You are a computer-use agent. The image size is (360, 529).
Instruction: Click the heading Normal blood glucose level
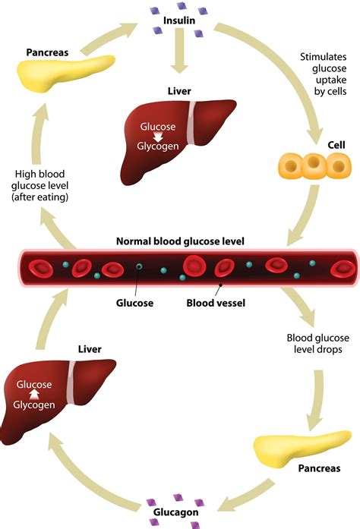pyautogui.click(x=180, y=241)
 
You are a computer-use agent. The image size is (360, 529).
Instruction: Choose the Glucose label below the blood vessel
pyautogui.click(x=134, y=303)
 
